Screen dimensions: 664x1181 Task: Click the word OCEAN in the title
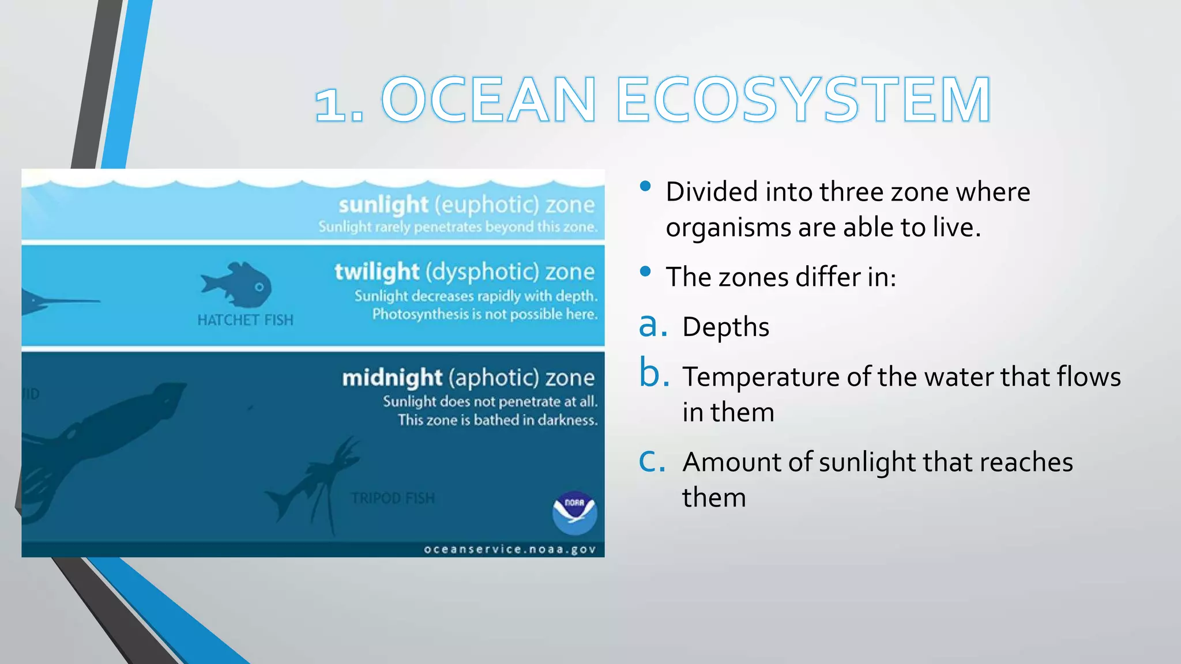(x=489, y=100)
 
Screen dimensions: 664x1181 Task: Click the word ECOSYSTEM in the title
(x=804, y=100)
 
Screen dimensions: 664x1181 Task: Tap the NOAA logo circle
(x=574, y=512)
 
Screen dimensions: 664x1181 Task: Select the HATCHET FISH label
(x=245, y=320)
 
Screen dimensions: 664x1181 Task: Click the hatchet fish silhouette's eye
(x=259, y=286)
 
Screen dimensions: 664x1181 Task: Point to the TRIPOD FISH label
(x=393, y=498)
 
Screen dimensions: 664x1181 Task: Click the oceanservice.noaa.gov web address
(x=510, y=549)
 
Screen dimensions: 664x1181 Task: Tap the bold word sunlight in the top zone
(x=383, y=205)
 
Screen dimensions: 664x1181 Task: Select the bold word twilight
(x=377, y=271)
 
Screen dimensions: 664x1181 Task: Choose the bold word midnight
(x=392, y=378)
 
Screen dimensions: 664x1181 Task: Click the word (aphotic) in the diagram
(x=494, y=378)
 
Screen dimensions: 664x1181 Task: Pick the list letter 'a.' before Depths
(x=653, y=326)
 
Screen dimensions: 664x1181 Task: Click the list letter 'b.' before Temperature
(x=654, y=375)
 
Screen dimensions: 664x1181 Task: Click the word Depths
(x=725, y=327)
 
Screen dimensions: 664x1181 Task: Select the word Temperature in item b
(x=761, y=377)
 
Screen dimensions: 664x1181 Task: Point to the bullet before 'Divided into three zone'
(x=645, y=186)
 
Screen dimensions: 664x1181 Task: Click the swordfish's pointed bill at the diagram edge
(x=75, y=301)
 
